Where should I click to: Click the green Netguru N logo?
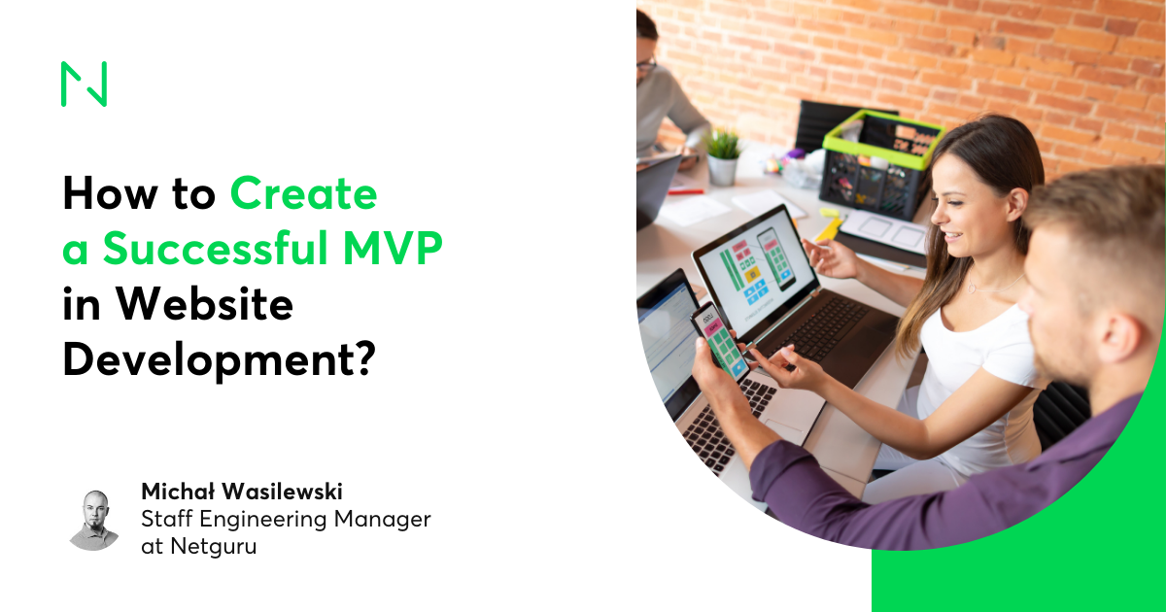(x=84, y=84)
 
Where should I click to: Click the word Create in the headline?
(x=303, y=194)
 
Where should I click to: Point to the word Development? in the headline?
(x=218, y=360)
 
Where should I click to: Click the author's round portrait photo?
(x=94, y=520)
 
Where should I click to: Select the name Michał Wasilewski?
(x=242, y=492)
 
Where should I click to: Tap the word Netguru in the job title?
(x=214, y=546)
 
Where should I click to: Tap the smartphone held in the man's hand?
(x=719, y=340)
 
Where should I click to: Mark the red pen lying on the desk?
(x=686, y=191)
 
